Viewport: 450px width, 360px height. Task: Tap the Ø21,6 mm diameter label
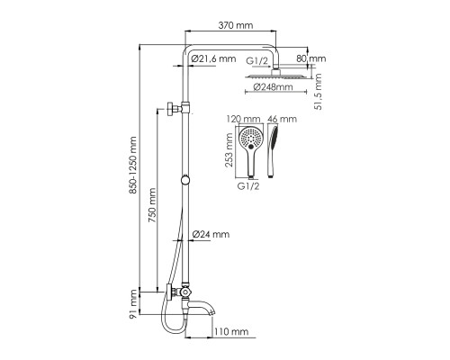(213, 58)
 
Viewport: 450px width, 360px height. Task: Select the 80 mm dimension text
(311, 58)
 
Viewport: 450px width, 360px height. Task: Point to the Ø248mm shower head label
(273, 87)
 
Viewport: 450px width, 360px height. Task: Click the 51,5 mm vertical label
(318, 92)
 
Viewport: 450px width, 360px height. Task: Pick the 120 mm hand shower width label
(243, 119)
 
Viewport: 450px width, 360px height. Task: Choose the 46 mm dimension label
(282, 119)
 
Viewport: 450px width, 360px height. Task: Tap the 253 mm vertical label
(229, 152)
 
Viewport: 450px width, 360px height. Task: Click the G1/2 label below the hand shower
(248, 186)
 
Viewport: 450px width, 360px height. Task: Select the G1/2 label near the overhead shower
(257, 61)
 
